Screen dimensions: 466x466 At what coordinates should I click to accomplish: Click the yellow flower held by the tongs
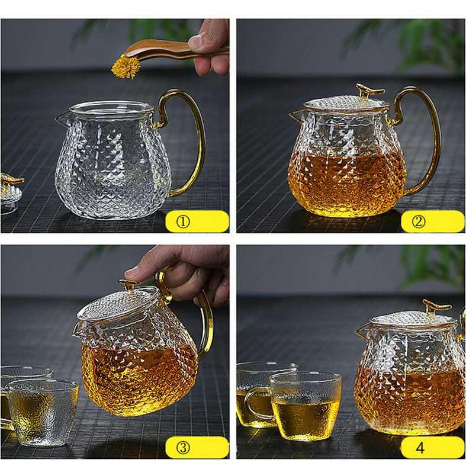(126, 66)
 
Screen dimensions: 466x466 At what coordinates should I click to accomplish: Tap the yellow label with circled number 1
(197, 221)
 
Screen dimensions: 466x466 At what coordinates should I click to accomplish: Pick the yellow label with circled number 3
(197, 447)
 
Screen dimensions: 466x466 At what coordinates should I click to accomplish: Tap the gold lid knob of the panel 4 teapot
(437, 307)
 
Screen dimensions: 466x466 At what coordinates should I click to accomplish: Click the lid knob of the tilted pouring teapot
(128, 285)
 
